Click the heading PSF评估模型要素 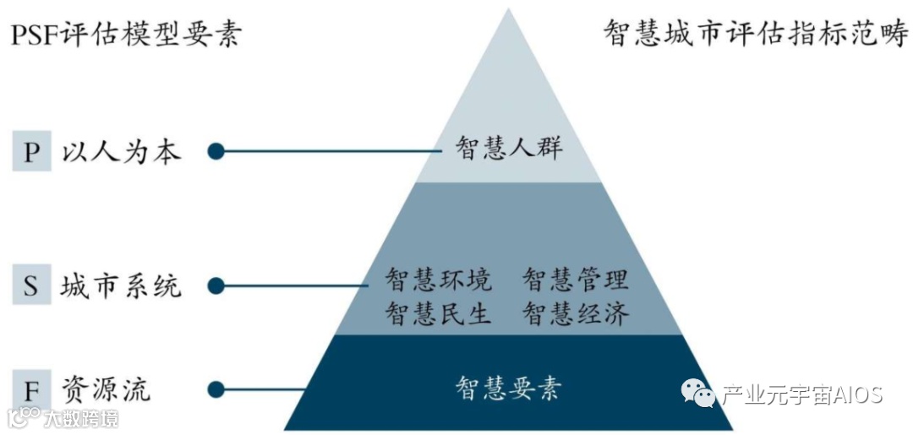point(126,35)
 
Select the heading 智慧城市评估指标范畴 point(755,35)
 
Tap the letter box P point(32,152)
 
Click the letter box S point(32,285)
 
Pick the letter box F point(32,390)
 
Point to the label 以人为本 point(121,152)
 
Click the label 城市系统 point(121,285)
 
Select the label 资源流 point(106,390)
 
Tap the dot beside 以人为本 point(216,152)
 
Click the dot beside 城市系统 point(216,285)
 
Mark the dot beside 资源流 point(216,390)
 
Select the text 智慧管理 point(576,279)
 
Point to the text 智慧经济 point(576,314)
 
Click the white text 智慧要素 point(509,389)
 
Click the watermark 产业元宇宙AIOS point(801,394)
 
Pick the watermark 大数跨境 point(81,418)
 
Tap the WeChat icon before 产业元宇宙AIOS point(698,394)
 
